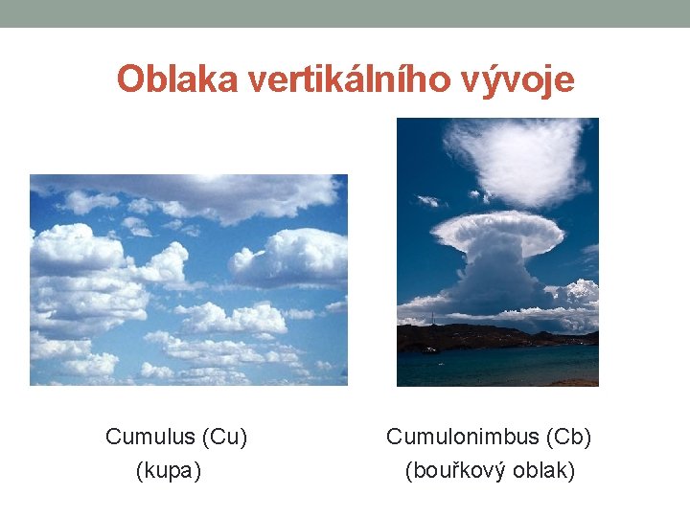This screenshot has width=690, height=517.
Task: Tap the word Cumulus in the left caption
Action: pos(149,438)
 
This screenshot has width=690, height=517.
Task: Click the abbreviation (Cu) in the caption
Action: pos(225,438)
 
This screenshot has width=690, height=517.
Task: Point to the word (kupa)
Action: pos(169,470)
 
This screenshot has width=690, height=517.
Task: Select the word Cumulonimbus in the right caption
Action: pos(459,438)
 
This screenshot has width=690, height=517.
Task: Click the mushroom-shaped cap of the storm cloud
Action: pos(497,231)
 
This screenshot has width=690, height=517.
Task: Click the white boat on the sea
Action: pos(430,349)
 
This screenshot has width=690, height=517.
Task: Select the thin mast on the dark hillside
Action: pos(432,318)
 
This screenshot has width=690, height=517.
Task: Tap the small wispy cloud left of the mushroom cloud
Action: pos(428,200)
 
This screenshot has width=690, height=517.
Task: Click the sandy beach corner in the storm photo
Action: pos(581,381)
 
